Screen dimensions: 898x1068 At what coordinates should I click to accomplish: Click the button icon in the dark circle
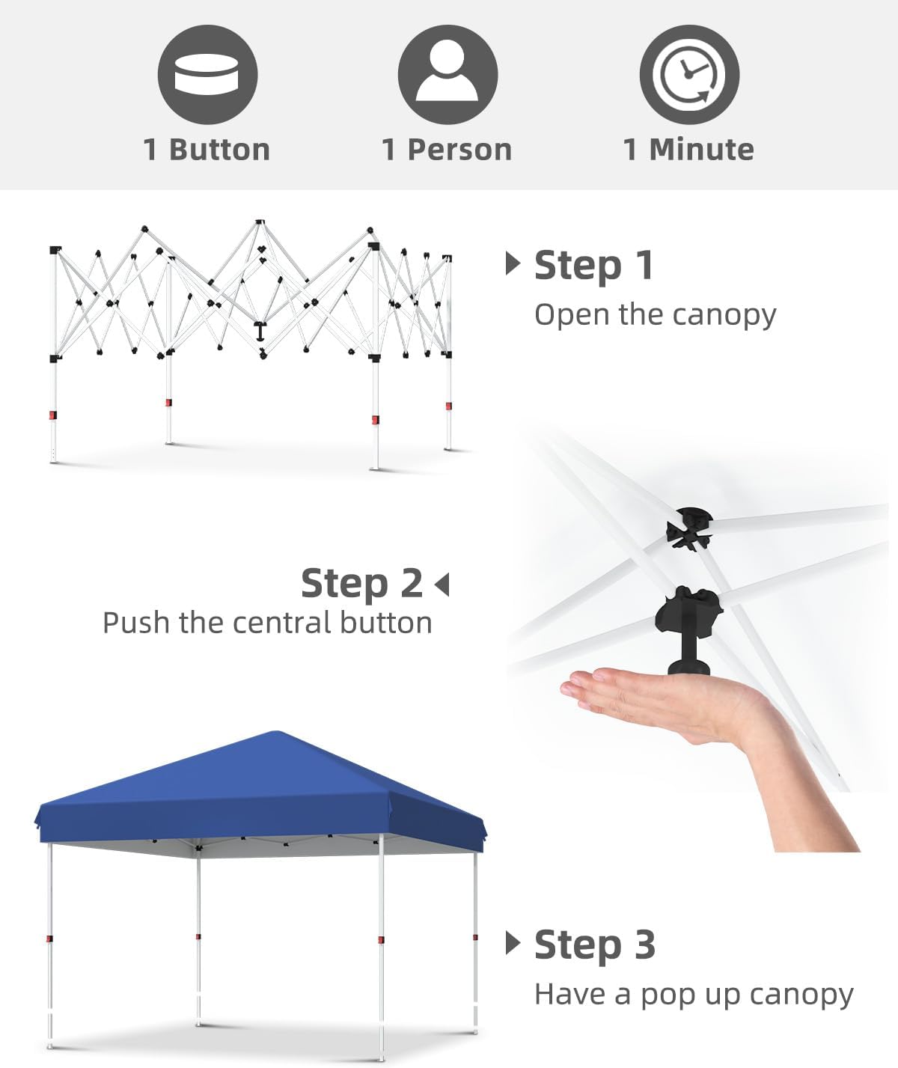click(x=207, y=75)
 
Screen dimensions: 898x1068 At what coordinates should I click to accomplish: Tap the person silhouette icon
click(x=448, y=72)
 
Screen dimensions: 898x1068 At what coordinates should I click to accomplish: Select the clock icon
click(x=689, y=75)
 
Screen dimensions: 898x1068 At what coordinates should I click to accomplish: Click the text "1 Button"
click(x=207, y=150)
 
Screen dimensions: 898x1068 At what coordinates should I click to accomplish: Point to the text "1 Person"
click(x=447, y=150)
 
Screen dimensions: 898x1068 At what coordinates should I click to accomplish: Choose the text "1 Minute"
click(x=688, y=150)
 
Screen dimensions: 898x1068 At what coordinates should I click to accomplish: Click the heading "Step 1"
click(x=593, y=266)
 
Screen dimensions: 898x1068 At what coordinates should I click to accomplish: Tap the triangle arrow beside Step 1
click(x=513, y=263)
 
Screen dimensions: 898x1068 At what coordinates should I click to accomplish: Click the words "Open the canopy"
click(x=655, y=314)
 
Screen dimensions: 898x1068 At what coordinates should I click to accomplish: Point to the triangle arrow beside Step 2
click(x=442, y=585)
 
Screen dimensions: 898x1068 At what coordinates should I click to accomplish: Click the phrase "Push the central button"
click(x=267, y=623)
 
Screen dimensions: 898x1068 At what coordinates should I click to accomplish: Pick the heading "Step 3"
click(x=595, y=945)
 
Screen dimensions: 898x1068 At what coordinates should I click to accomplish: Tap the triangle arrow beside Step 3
click(x=513, y=943)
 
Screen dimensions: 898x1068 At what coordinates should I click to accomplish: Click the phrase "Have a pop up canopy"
click(x=694, y=995)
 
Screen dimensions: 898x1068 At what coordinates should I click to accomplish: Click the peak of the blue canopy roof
click(x=276, y=733)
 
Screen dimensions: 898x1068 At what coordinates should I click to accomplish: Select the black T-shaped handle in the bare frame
click(x=261, y=330)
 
